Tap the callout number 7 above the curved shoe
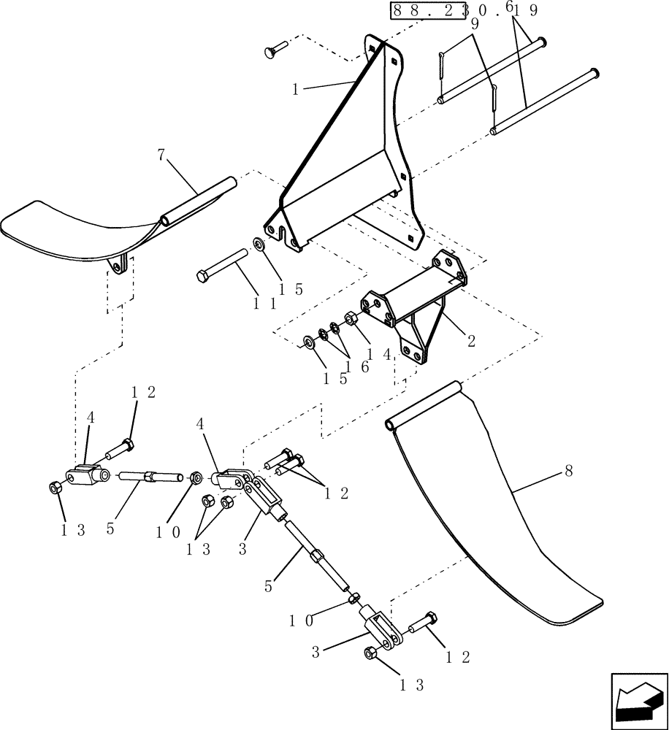(161, 155)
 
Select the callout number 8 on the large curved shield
(567, 472)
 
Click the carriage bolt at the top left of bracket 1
(274, 51)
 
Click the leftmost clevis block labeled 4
(87, 476)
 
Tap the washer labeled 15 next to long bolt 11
(260, 243)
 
